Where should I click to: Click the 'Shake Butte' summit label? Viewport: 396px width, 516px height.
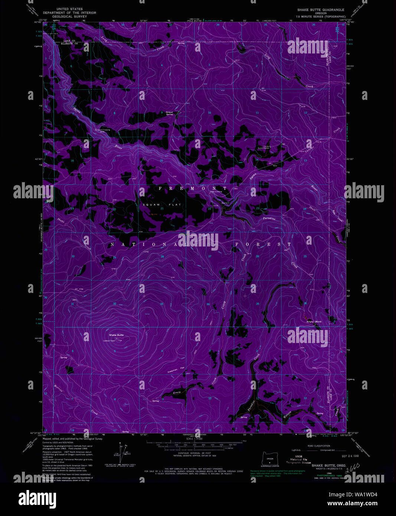click(x=116, y=335)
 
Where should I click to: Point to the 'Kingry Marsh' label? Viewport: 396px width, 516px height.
click(x=313, y=321)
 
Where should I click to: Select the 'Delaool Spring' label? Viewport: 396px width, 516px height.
click(x=169, y=113)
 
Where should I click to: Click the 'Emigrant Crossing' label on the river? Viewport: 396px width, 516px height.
click(x=102, y=130)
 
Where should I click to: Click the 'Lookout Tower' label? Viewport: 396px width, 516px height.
click(x=109, y=341)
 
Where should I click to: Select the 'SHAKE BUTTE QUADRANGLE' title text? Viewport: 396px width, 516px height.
click(x=321, y=10)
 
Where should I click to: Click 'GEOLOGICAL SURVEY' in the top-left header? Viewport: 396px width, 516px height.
click(x=69, y=17)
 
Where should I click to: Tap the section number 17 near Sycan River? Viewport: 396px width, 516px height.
click(x=114, y=161)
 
